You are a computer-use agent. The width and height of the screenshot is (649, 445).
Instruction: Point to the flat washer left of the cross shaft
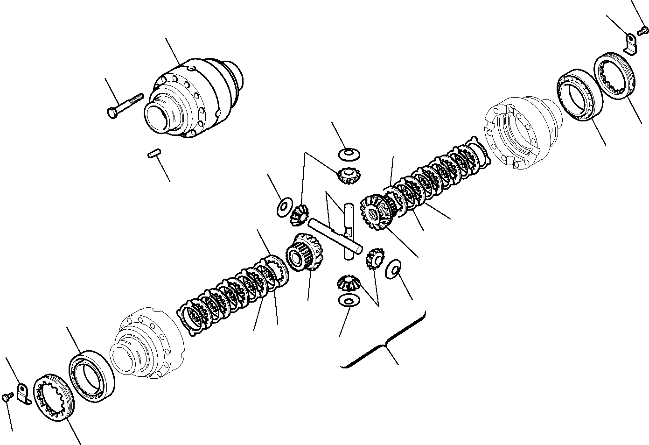pyautogui.click(x=283, y=207)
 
